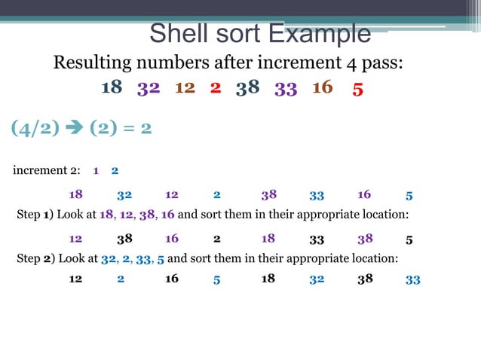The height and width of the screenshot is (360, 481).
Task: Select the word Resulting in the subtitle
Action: click(x=95, y=62)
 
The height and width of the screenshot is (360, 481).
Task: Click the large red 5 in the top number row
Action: click(x=358, y=89)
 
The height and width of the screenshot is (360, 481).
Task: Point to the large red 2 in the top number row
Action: click(x=216, y=87)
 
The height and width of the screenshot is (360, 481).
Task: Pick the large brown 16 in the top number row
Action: click(x=322, y=87)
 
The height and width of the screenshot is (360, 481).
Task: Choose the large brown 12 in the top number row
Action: click(x=185, y=87)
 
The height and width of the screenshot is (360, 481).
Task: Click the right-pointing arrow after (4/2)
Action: click(x=75, y=128)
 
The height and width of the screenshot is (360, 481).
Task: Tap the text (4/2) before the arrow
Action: click(x=36, y=128)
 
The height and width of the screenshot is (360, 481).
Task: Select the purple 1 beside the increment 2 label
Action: click(x=96, y=170)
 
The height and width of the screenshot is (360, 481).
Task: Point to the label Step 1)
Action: click(x=35, y=214)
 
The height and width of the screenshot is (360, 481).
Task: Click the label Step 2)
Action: click(x=35, y=258)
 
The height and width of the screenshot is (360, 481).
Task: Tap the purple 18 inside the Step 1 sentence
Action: click(x=106, y=214)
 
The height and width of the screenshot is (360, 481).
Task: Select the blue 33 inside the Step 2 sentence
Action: click(x=143, y=258)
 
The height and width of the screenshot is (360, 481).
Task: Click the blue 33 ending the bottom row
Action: click(x=412, y=279)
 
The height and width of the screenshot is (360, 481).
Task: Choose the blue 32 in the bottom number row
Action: click(x=317, y=279)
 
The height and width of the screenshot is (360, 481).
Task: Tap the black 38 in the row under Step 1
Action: click(x=125, y=239)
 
